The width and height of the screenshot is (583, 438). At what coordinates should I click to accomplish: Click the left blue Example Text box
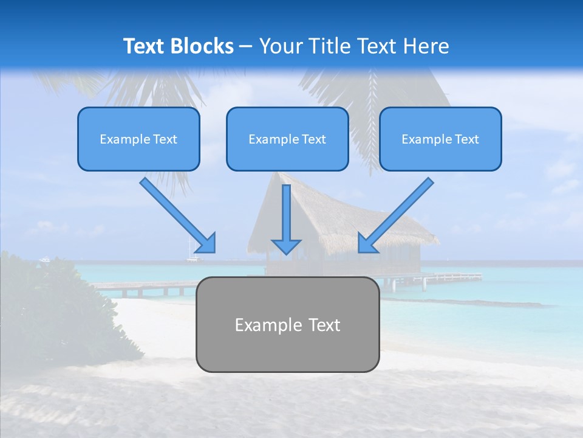[x=138, y=139]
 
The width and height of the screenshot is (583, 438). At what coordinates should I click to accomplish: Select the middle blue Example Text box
[x=287, y=139]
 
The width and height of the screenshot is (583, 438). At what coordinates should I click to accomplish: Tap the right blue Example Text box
[x=440, y=139]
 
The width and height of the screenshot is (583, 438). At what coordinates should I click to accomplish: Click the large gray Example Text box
[x=287, y=324]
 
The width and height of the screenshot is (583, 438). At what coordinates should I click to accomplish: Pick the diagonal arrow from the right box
[x=397, y=214]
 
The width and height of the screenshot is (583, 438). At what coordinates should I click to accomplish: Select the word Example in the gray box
[x=261, y=325]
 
